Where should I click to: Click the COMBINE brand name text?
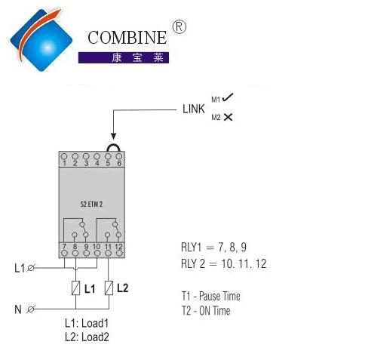point(127,38)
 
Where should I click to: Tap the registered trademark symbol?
point(179,27)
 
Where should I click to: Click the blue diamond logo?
point(41,40)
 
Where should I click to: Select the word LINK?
point(194,109)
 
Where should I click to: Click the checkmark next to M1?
point(228,97)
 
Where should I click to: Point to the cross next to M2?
point(228,117)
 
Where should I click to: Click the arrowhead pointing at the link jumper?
point(114,136)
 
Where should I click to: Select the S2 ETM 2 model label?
point(91,204)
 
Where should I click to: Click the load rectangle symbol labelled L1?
point(75,288)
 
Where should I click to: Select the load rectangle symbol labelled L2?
point(109,288)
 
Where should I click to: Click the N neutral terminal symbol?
point(31,309)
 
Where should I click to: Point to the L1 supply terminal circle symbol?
point(31,268)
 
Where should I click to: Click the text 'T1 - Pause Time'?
point(210,296)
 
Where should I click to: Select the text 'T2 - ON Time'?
point(206,311)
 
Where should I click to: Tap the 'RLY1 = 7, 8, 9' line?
point(213,248)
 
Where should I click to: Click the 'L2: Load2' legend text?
point(87,337)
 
